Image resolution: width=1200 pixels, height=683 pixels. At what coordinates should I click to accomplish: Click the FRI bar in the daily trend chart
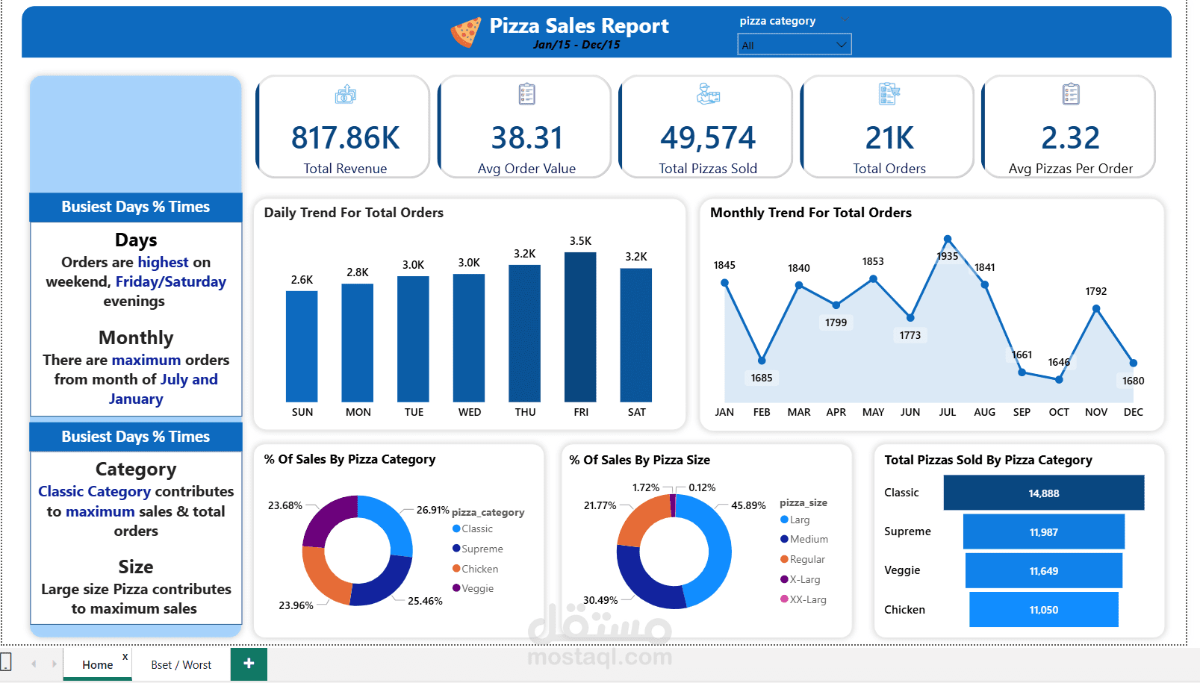click(580, 328)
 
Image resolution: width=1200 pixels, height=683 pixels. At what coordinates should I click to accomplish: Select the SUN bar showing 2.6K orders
click(302, 347)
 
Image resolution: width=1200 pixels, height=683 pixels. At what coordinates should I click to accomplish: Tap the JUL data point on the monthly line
click(947, 240)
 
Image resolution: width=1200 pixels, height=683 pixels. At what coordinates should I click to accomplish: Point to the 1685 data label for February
click(762, 378)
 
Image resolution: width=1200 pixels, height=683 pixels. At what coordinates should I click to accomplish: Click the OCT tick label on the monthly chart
click(1058, 412)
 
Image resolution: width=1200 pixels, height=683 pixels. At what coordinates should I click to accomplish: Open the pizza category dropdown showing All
click(794, 45)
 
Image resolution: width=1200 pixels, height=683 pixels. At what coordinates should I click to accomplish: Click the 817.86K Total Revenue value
click(345, 138)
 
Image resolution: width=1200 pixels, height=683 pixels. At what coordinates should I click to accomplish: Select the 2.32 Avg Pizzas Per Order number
click(1070, 138)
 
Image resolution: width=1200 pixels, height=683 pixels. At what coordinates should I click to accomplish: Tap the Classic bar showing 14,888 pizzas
click(1043, 493)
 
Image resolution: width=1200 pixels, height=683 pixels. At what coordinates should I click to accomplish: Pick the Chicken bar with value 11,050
click(1043, 610)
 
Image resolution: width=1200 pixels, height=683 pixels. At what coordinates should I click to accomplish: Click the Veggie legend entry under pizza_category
click(476, 588)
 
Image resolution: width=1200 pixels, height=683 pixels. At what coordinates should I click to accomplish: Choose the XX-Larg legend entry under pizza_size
click(806, 599)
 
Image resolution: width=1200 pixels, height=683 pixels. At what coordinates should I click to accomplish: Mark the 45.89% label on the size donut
click(748, 505)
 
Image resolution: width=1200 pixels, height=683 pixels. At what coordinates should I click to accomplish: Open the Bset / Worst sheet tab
click(181, 664)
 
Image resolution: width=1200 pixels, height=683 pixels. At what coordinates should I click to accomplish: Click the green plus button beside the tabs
click(249, 663)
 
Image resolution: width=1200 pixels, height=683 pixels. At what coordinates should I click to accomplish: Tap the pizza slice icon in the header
click(465, 32)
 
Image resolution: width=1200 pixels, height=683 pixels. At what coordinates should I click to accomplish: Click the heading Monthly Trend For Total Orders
click(810, 213)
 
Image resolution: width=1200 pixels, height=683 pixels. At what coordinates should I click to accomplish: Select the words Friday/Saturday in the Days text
click(170, 281)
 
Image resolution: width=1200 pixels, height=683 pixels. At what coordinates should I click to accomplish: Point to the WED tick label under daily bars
click(469, 412)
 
